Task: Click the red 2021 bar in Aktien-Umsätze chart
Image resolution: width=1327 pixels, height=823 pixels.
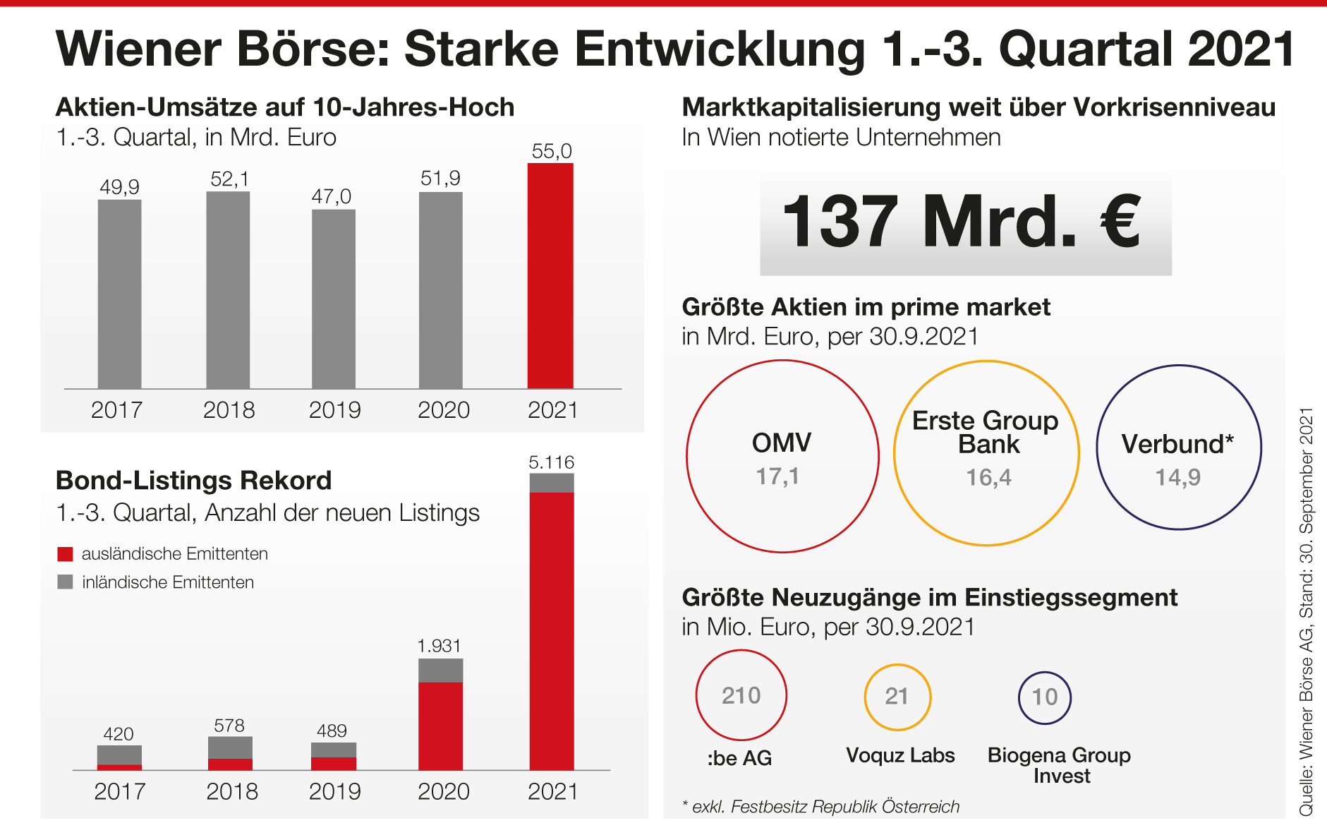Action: [x=550, y=275]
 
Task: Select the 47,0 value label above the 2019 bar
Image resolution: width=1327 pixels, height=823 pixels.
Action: [x=332, y=196]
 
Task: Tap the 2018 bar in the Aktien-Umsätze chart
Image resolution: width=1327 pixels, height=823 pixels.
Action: [x=228, y=289]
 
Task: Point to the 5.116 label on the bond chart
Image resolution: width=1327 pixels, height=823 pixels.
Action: [x=552, y=462]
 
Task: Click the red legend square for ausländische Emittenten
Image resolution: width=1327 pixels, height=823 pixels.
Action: [x=65, y=554]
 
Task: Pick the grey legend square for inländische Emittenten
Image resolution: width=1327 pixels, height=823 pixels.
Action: [x=65, y=582]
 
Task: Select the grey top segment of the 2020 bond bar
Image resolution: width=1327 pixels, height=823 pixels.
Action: [x=441, y=670]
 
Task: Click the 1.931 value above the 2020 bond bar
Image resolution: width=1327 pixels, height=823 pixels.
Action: [x=439, y=646]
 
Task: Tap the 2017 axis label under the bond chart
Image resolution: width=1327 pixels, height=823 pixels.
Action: [x=120, y=791]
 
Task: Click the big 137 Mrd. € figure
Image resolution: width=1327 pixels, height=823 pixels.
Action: [x=963, y=222]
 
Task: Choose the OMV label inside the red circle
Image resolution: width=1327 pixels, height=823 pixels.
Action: [x=782, y=443]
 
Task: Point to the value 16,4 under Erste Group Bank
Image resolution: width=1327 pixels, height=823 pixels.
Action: [x=988, y=478]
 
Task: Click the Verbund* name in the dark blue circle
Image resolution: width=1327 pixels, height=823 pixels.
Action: [x=1177, y=444]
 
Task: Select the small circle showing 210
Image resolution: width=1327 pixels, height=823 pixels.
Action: [x=741, y=695]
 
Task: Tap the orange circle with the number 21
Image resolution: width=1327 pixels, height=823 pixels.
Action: [x=897, y=697]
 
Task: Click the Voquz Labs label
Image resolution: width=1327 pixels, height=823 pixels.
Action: [x=900, y=755]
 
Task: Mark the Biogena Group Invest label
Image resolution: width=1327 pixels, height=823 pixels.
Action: [x=1060, y=765]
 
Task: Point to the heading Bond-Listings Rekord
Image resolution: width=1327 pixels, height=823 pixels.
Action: [x=193, y=481]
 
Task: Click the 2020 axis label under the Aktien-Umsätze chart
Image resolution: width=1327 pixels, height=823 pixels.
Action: [x=443, y=410]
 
